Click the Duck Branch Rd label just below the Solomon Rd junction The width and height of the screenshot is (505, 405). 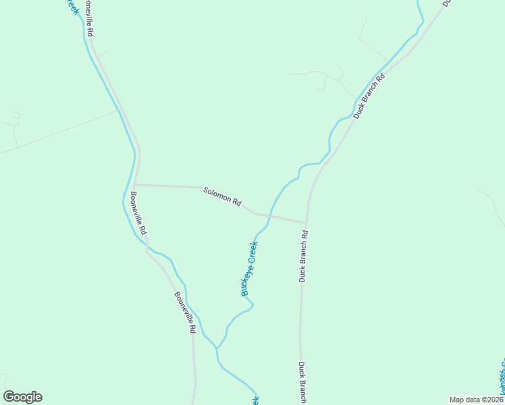[304, 256]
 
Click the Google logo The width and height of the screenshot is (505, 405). [22, 397]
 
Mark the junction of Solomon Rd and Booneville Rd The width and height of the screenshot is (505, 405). [135, 184]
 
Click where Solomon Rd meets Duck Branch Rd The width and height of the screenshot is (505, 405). [306, 222]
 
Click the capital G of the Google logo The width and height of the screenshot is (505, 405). [9, 397]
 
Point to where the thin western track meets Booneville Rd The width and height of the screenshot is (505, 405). [119, 110]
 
